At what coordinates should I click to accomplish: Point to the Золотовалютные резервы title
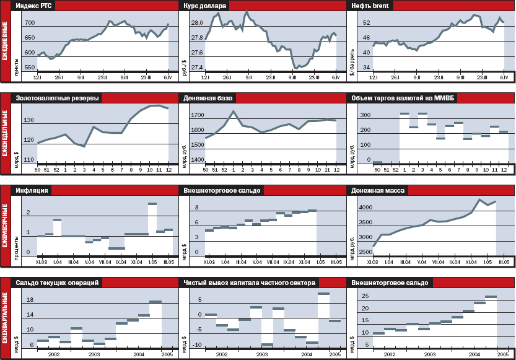(x=55, y=98)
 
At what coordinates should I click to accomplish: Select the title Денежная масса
(x=378, y=190)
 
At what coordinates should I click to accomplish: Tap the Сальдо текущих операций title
(x=56, y=283)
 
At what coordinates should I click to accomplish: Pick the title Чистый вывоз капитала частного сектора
(x=250, y=283)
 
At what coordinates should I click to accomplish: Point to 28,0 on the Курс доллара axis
(x=197, y=23)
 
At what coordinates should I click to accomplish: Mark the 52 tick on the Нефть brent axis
(x=366, y=23)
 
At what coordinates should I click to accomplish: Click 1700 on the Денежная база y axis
(x=197, y=115)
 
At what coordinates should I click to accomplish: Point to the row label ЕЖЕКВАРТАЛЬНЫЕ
(x=6, y=318)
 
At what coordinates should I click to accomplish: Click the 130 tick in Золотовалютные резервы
(x=28, y=119)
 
